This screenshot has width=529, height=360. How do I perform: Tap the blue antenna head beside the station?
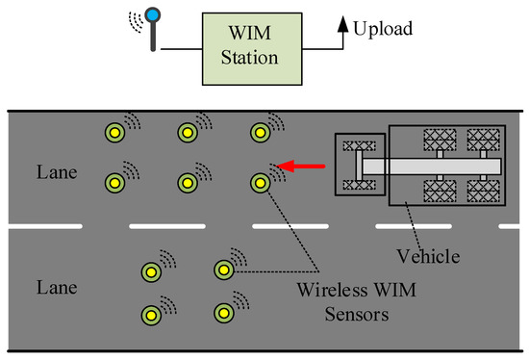click(152, 17)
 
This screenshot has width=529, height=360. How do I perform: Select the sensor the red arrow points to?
click(259, 181)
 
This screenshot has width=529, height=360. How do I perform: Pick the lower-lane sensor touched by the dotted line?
click(223, 269)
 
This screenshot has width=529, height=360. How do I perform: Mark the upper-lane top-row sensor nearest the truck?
click(259, 132)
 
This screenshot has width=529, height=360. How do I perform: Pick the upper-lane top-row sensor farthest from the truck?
click(114, 132)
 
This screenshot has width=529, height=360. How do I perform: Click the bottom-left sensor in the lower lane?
click(150, 313)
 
